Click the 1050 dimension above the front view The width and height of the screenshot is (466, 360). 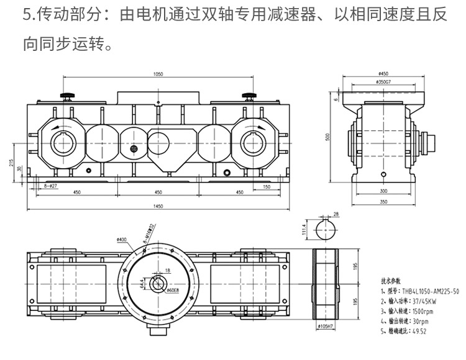158,74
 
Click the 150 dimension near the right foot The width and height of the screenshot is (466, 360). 266,186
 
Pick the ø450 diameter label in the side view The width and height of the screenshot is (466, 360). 383,73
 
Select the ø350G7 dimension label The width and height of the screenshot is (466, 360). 383,81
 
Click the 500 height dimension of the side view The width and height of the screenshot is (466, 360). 328,137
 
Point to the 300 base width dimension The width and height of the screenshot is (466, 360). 383,191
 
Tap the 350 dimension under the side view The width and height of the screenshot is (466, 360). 383,202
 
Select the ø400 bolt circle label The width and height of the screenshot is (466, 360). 121,239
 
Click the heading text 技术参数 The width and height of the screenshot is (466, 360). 390,280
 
